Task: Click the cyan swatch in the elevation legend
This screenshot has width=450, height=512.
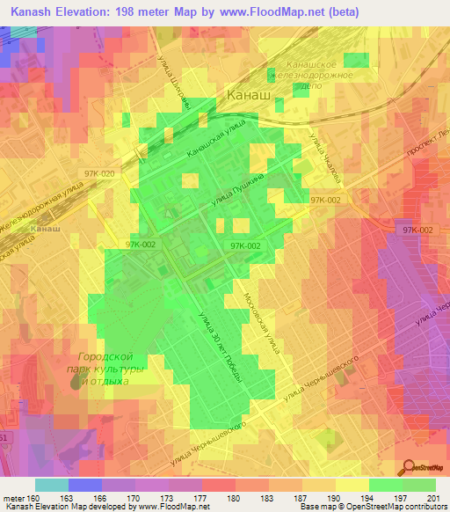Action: point(52,485)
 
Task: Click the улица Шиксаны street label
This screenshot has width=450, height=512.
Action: point(174,86)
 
